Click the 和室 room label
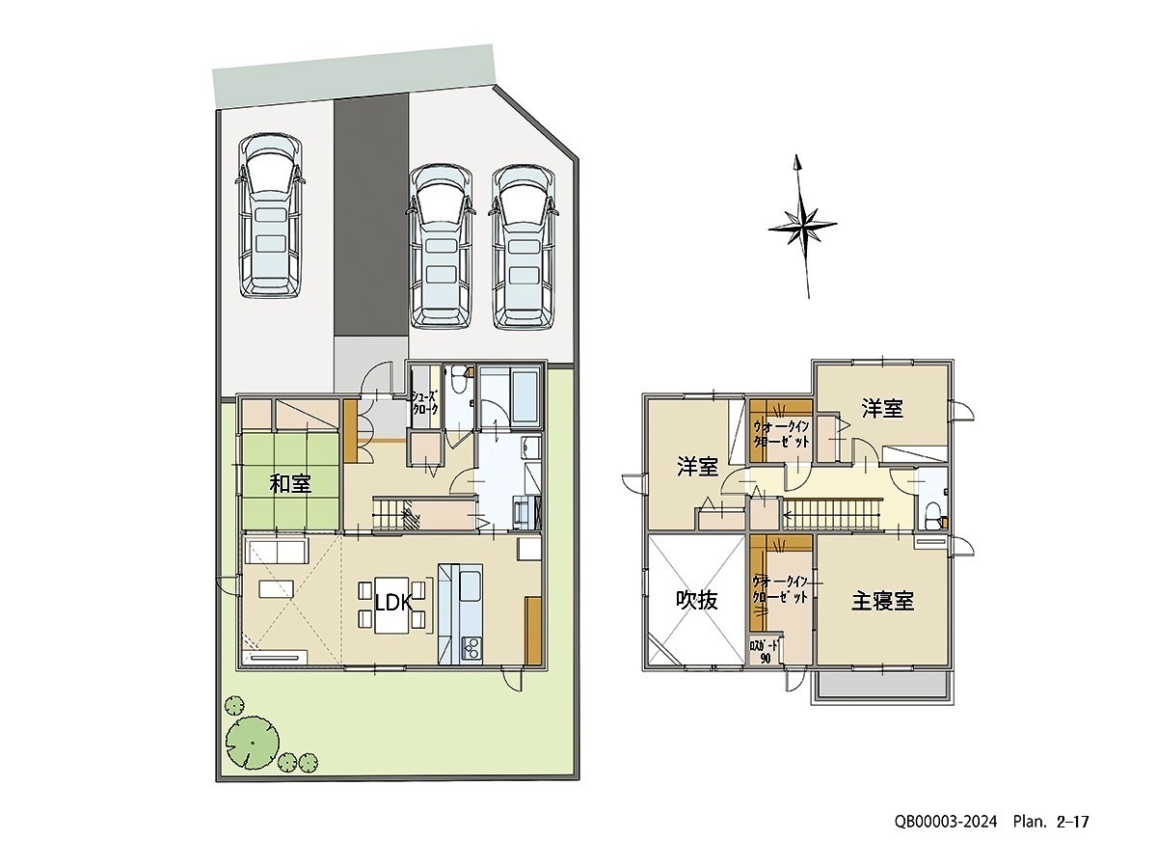click(290, 483)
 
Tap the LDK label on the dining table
click(393, 603)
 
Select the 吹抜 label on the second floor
click(697, 600)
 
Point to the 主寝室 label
click(882, 602)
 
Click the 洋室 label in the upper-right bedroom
click(882, 409)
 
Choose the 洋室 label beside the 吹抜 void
click(697, 467)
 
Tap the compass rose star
click(802, 227)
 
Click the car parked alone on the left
click(270, 216)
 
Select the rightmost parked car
click(524, 247)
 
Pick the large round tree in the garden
click(253, 742)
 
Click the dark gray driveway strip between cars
click(371, 217)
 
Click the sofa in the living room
click(276, 552)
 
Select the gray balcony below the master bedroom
click(883, 687)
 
